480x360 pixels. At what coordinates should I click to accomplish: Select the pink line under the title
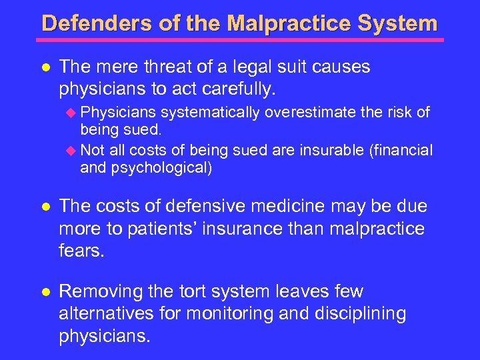239,40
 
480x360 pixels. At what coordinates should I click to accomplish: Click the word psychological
164,168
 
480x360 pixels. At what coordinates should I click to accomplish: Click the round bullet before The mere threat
44,67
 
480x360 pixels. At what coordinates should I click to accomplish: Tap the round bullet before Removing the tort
44,292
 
